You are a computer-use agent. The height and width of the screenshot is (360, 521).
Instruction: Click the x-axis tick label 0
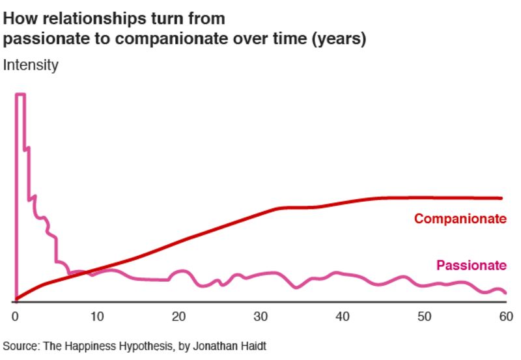click(x=15, y=316)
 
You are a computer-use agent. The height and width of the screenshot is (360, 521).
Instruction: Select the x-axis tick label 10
click(x=96, y=316)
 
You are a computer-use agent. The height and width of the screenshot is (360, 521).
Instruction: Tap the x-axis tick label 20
click(x=178, y=316)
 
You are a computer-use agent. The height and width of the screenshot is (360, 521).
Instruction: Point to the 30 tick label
click(x=260, y=316)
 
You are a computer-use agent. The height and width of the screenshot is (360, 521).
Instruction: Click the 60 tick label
click(x=505, y=316)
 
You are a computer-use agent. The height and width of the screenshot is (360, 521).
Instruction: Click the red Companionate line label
click(x=460, y=219)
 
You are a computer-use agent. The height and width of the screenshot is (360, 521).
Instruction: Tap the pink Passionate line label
click(x=471, y=265)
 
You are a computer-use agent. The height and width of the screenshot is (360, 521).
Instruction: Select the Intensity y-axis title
click(x=31, y=65)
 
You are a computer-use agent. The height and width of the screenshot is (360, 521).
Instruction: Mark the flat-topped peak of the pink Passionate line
click(x=20, y=95)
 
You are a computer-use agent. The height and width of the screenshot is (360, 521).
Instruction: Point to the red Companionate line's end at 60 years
click(x=502, y=198)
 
